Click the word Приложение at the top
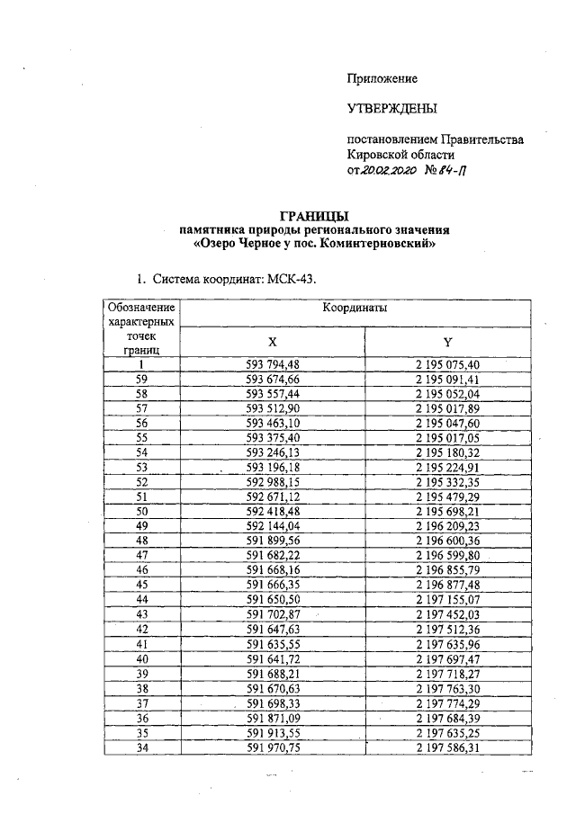pos(382,79)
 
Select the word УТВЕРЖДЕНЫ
pos(392,110)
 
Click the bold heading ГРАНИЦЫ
pos(314,216)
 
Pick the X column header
pos(273,341)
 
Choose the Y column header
pos(447,341)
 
